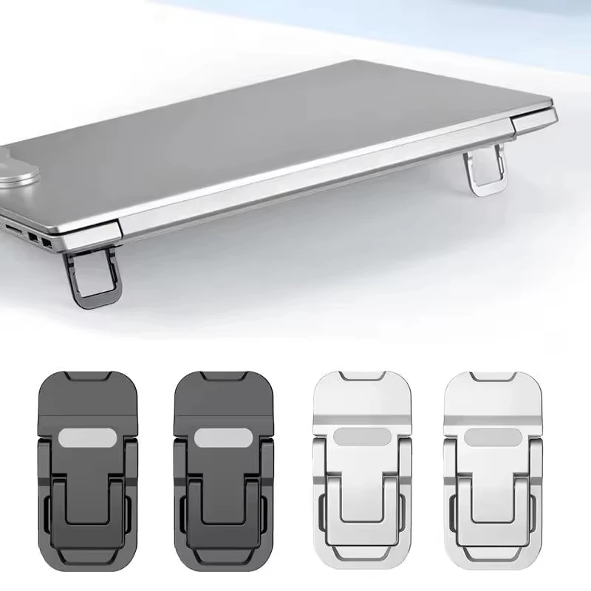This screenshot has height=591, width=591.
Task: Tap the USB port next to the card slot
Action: pos(33,237)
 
